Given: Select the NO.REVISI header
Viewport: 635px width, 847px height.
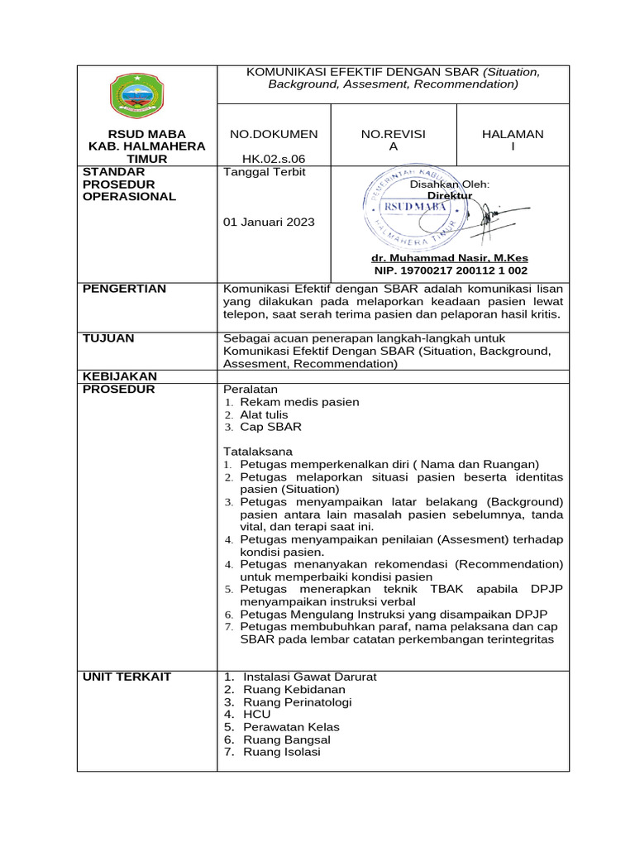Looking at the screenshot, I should pos(394,134).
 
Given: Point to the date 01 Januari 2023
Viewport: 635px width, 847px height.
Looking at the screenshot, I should pos(269,222).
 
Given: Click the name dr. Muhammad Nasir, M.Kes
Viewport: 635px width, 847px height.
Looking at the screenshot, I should pos(451,258).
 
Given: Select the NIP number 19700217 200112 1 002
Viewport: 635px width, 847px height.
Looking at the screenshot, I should pos(451,270).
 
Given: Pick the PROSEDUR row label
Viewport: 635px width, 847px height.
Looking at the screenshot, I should pos(118,389).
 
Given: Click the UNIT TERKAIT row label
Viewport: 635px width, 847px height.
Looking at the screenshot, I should pos(127,677).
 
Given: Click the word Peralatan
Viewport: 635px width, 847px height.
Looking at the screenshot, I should pos(251,389).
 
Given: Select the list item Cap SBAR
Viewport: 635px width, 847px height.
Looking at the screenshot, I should pos(270,427).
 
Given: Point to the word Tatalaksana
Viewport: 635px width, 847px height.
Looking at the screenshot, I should pos(259,452).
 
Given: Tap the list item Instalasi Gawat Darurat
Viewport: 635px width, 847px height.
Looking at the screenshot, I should pos(310,677).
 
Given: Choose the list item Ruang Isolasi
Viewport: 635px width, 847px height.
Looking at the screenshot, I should pos(282,752).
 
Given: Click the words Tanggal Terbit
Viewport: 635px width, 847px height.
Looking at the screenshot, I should pos(265,172).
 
